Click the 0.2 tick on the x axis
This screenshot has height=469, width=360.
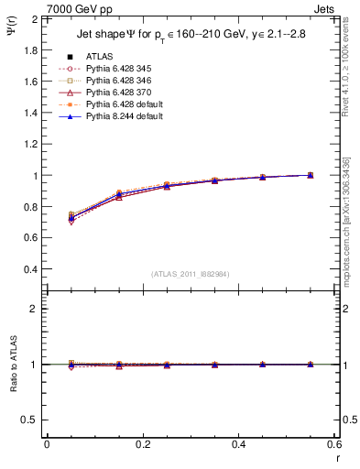tap(142, 443)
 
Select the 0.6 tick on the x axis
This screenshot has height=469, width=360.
tap(334, 443)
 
